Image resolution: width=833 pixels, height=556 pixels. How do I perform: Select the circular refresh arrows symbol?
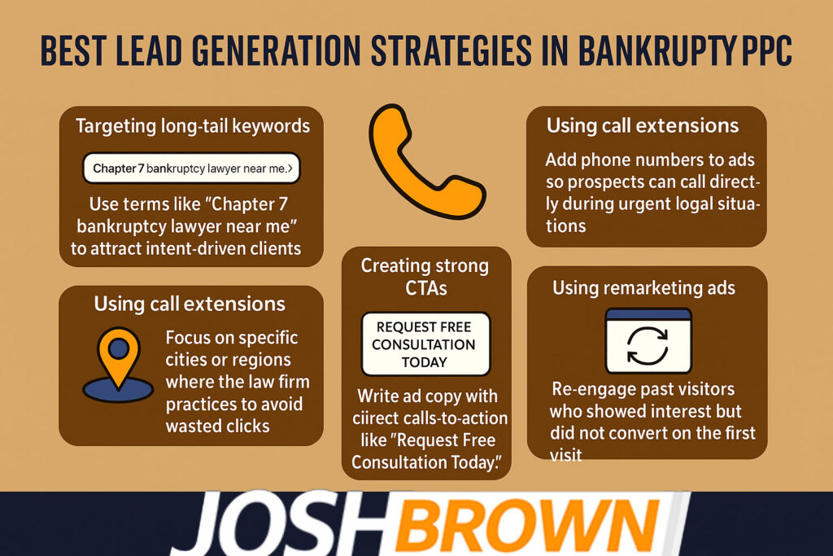tap(648, 345)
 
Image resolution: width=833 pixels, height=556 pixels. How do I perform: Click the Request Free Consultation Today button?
tap(425, 344)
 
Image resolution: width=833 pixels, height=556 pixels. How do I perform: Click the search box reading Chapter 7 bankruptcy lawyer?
tap(192, 169)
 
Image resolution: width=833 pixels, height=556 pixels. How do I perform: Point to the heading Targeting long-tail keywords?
tap(193, 126)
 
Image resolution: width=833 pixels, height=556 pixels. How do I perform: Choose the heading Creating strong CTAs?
tap(425, 277)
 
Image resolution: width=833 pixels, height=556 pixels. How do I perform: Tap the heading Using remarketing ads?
tap(644, 287)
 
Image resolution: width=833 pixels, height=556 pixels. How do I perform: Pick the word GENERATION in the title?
tap(277, 51)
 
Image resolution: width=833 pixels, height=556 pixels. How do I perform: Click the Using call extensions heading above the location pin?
tap(190, 304)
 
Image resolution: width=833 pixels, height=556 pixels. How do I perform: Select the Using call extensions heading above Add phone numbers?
tap(643, 125)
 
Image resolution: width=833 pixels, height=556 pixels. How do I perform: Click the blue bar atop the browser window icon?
tap(648, 314)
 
